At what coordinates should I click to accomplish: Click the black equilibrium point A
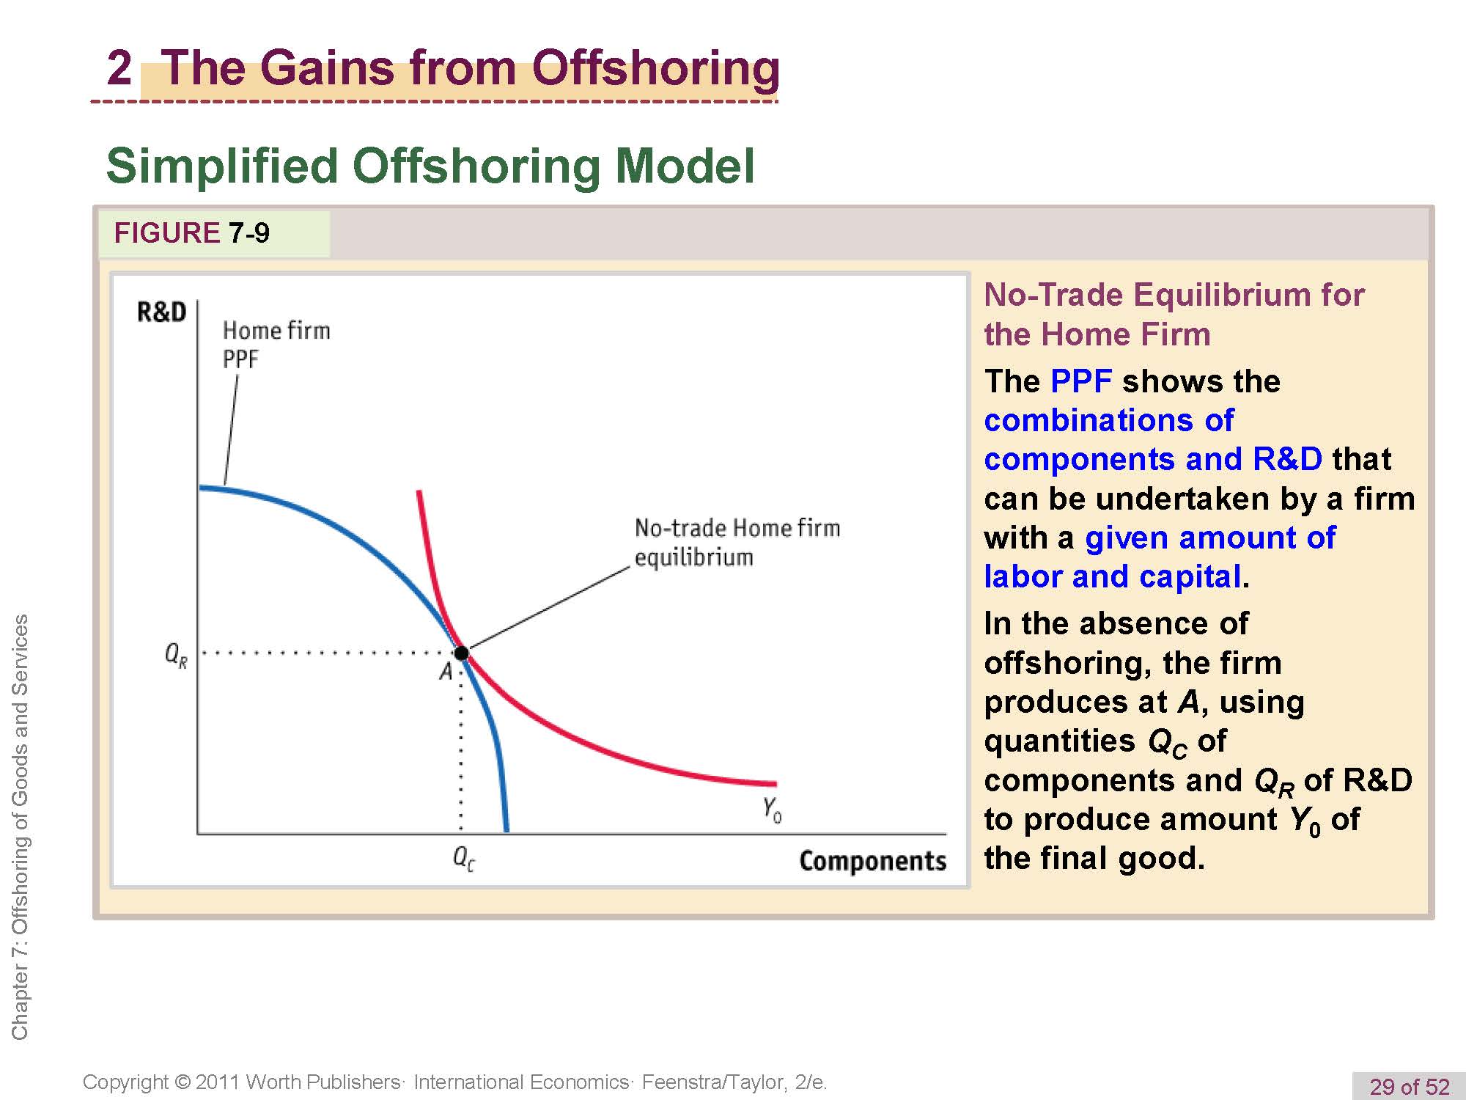coord(461,653)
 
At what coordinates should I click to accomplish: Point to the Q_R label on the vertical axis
coord(176,654)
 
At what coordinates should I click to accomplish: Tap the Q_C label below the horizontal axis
coord(464,857)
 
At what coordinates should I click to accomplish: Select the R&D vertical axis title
coord(162,312)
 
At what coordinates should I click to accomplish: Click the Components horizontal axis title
coord(873,861)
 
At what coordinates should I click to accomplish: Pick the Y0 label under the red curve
coord(772,810)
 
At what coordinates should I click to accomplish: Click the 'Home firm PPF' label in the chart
coord(276,345)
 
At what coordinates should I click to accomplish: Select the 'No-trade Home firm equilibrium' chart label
coord(737,542)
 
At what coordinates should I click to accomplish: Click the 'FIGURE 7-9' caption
coord(191,233)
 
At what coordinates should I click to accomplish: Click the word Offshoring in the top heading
coord(655,67)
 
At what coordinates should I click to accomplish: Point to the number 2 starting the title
coord(119,68)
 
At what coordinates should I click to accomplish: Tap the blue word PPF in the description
coord(1081,381)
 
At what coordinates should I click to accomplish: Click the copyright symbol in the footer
coord(183,1082)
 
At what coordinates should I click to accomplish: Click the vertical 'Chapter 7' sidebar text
coord(20,827)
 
